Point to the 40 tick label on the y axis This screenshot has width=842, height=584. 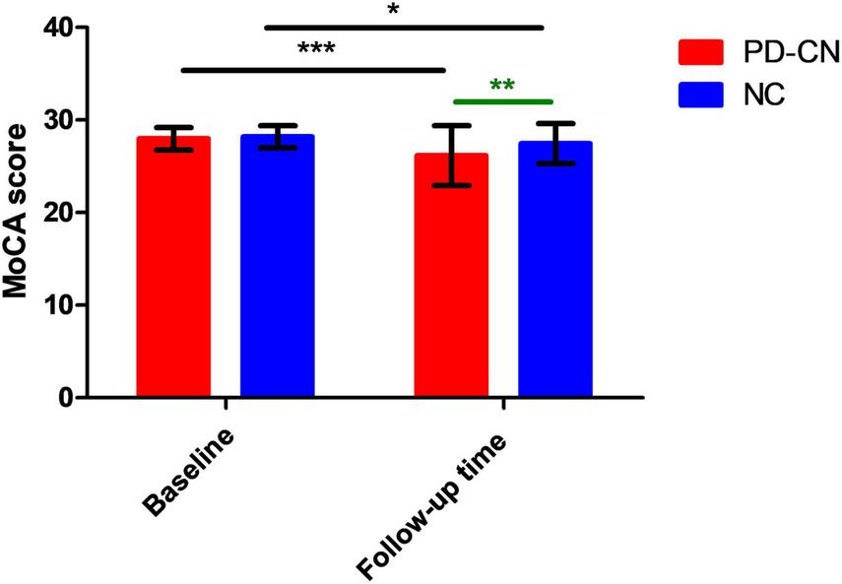(62, 28)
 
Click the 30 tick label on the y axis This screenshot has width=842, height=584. (62, 120)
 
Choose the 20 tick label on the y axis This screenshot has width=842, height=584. (62, 213)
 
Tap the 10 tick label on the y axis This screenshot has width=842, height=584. (62, 305)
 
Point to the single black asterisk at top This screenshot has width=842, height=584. (394, 11)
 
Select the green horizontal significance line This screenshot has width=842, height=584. (501, 100)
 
